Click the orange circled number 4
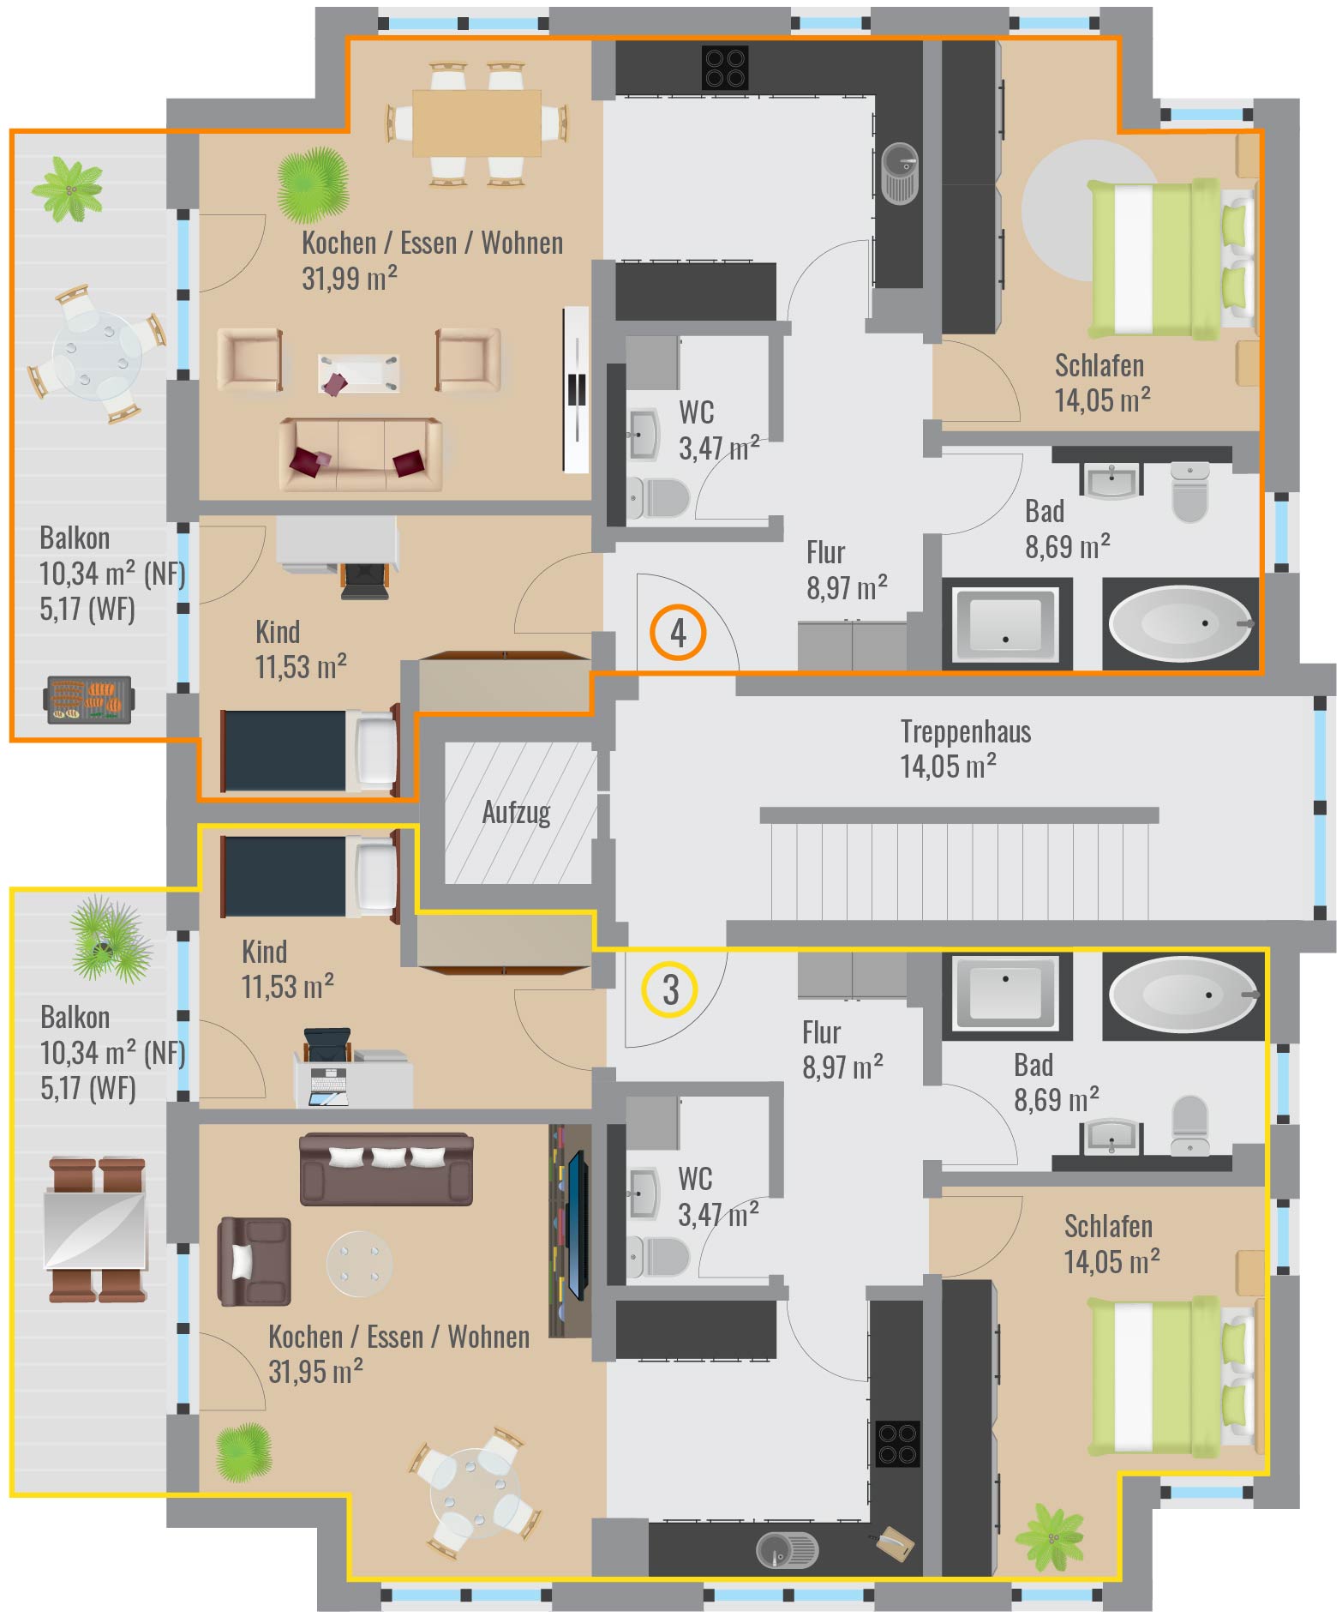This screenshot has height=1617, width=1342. click(678, 633)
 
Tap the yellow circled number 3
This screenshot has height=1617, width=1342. click(670, 989)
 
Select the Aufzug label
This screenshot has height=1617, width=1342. click(516, 812)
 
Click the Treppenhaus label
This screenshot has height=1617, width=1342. click(966, 731)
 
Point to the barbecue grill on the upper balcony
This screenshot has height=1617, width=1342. click(88, 700)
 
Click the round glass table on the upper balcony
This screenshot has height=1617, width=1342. click(97, 352)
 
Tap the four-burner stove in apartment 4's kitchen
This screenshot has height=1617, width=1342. click(725, 68)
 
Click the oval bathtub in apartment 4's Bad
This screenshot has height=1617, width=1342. click(1181, 623)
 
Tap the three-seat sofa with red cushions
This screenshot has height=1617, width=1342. click(360, 454)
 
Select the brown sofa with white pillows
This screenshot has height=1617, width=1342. click(386, 1169)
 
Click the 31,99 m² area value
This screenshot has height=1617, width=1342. click(350, 279)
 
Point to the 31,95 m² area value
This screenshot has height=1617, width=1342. click(315, 1372)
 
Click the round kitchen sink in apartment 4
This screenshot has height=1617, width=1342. click(900, 173)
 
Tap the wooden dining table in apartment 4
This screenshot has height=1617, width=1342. click(476, 123)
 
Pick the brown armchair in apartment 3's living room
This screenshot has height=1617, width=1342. click(254, 1261)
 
